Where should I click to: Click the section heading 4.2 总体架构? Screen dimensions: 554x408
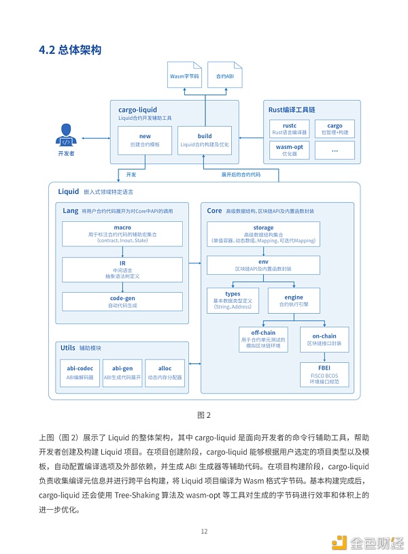[x=71, y=50]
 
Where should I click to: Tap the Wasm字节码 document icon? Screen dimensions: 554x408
[x=184, y=77]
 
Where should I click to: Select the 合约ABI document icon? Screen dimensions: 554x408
[x=224, y=77]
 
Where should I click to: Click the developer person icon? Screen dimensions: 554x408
[x=66, y=135]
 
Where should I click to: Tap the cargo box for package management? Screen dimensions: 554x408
[x=335, y=129]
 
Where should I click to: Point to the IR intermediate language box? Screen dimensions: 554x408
[x=122, y=268]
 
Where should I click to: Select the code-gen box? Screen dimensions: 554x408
[x=122, y=302]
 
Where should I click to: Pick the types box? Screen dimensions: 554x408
[x=233, y=300]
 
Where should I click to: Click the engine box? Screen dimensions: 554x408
[x=294, y=300]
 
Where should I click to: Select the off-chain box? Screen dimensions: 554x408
[x=264, y=339]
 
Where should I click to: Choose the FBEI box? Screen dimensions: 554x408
[x=324, y=374]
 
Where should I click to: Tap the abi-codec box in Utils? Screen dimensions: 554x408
[x=79, y=372]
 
